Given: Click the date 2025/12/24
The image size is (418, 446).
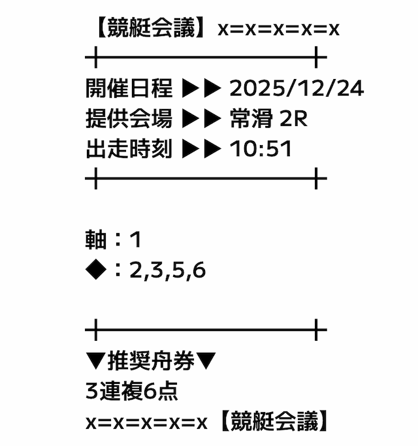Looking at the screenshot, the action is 297,88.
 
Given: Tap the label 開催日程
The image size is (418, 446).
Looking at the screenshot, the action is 129,88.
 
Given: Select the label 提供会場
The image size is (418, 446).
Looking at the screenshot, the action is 129,118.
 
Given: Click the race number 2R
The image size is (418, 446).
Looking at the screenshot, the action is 294,119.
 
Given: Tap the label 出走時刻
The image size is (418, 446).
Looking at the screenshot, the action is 129,148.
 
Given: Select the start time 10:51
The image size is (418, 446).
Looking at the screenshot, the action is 261,149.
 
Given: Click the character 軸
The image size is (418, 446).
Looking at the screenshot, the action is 96,240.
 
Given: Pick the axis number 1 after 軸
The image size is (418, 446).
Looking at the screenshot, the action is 136,240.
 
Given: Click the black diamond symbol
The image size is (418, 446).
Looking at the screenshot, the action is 96,270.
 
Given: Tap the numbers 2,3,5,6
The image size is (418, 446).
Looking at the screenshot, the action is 167,270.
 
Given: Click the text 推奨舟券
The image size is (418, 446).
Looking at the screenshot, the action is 151,360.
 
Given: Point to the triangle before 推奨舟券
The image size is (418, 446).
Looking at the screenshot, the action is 96,361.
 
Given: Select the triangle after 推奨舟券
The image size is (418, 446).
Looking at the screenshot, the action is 206,361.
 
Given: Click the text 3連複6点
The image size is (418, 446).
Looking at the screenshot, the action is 132,391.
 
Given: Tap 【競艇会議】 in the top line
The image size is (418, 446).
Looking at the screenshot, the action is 151,27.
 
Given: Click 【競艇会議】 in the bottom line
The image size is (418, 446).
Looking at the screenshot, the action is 274,421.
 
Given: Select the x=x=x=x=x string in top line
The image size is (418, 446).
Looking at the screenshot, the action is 279,29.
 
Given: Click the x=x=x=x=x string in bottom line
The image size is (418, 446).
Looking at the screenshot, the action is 146,423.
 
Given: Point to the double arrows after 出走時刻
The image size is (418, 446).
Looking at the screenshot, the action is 201,149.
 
